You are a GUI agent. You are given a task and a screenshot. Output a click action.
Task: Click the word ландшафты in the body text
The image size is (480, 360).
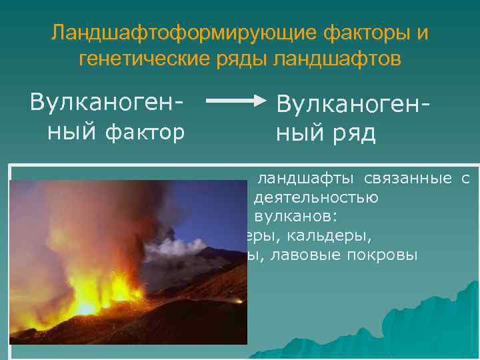(x=307, y=179)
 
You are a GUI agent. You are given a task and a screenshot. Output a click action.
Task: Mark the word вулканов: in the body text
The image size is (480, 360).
(x=296, y=217)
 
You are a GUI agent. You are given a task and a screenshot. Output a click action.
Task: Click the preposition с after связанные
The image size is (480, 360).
(x=465, y=179)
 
